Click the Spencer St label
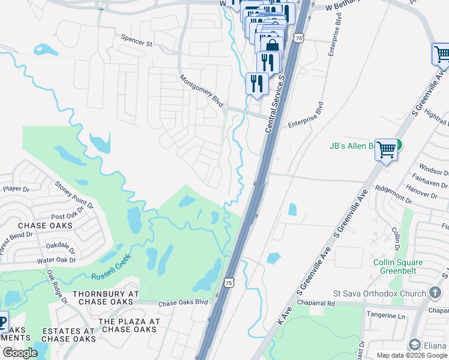click(x=137, y=43)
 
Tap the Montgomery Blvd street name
click(x=202, y=90)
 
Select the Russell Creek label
click(x=111, y=275)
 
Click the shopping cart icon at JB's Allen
click(x=387, y=149)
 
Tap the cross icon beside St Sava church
click(x=435, y=293)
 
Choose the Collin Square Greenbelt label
click(x=398, y=266)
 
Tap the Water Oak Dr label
click(x=56, y=260)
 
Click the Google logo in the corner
click(x=20, y=353)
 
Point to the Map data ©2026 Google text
click(x=411, y=355)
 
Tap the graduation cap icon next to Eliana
click(x=414, y=344)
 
